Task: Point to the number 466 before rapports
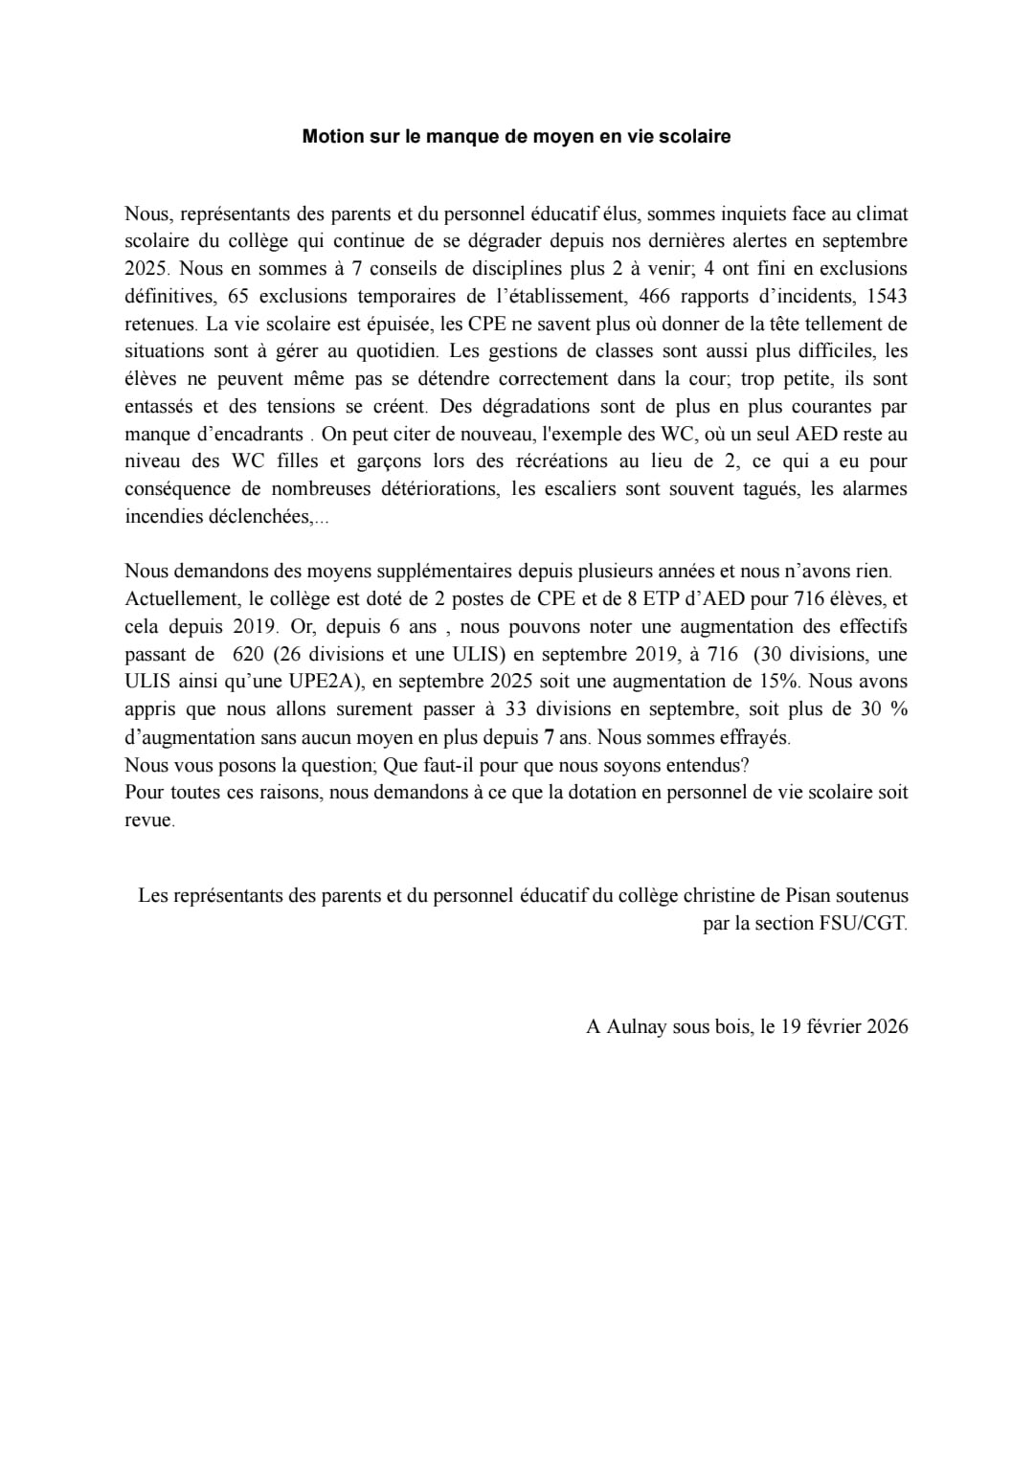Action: click(x=655, y=296)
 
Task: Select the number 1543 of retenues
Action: click(x=886, y=296)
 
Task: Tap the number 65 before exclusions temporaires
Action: click(x=239, y=296)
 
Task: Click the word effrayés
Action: click(x=754, y=737)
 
